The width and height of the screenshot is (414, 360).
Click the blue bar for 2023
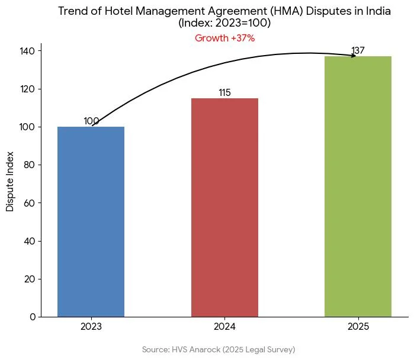(x=91, y=221)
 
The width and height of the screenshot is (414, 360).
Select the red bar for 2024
(x=224, y=207)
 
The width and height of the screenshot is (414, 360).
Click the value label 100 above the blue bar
(x=91, y=121)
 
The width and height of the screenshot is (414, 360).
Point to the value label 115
(x=224, y=93)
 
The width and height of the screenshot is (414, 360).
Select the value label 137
(x=358, y=51)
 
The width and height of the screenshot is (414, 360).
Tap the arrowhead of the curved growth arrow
(x=354, y=56)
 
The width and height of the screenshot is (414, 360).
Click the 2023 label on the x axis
(x=91, y=327)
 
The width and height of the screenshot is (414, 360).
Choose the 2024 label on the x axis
(x=224, y=327)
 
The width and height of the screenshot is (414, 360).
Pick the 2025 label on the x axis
(x=358, y=327)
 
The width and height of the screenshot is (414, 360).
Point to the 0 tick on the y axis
(x=33, y=317)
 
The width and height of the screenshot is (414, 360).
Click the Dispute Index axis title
(x=10, y=181)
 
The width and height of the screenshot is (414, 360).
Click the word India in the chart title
(x=378, y=12)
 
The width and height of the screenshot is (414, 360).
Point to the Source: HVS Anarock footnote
(x=219, y=350)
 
